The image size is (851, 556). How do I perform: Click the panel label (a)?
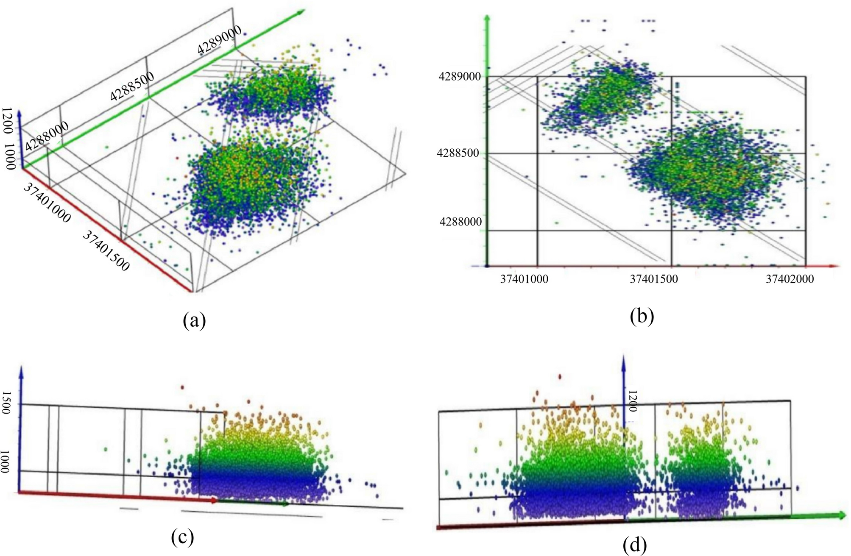194,320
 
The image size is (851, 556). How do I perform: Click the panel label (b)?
642,316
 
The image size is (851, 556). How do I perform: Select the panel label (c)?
182,537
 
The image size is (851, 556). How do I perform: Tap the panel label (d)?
635,545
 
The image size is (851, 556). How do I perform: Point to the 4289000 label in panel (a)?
219,40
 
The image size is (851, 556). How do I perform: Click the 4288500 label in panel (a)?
132,86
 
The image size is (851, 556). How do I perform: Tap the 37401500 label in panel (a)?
106,250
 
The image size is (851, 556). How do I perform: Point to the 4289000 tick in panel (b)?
460,77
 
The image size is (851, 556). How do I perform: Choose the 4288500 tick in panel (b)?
458,153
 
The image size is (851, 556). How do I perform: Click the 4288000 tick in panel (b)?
460,222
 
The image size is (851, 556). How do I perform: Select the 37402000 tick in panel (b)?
790,279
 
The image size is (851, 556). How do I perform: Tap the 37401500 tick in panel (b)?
653,279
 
